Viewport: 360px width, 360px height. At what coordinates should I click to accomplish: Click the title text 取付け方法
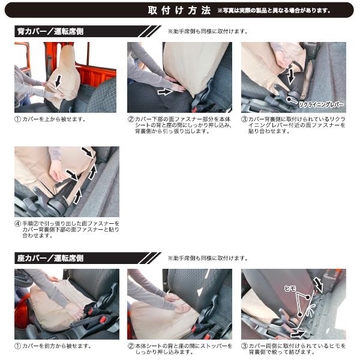coord(179,10)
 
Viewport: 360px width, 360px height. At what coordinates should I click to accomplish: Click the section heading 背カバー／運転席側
coord(50,31)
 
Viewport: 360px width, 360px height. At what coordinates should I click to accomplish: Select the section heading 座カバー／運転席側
coord(50,258)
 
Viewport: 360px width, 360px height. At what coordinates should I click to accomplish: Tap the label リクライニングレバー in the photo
coord(321,104)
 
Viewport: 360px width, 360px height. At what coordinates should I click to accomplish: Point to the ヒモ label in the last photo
coord(290,289)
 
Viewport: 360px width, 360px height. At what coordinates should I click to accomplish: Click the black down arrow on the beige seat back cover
coord(59,81)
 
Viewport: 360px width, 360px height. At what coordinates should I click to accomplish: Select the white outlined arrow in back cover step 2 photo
coord(165,92)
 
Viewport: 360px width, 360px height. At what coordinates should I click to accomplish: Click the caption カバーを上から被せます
coord(54,119)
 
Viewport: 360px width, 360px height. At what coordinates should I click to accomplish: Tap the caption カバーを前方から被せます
coord(57,346)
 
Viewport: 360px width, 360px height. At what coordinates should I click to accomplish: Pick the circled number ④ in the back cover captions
coord(17,223)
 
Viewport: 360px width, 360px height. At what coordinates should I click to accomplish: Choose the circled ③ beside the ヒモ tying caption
coord(244,346)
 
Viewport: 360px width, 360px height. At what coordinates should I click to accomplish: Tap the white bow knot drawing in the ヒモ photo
coord(310,312)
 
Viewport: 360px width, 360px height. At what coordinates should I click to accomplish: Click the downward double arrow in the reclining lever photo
coord(290,75)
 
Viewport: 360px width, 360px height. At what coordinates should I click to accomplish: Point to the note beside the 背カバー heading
coord(208,31)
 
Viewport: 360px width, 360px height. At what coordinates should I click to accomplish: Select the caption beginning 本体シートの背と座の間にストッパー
coord(183,349)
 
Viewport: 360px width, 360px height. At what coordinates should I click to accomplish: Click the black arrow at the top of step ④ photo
coord(88,151)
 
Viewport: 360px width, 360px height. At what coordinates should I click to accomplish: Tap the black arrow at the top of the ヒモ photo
coord(319,284)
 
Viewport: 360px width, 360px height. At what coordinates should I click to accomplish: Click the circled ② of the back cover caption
coord(131,119)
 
